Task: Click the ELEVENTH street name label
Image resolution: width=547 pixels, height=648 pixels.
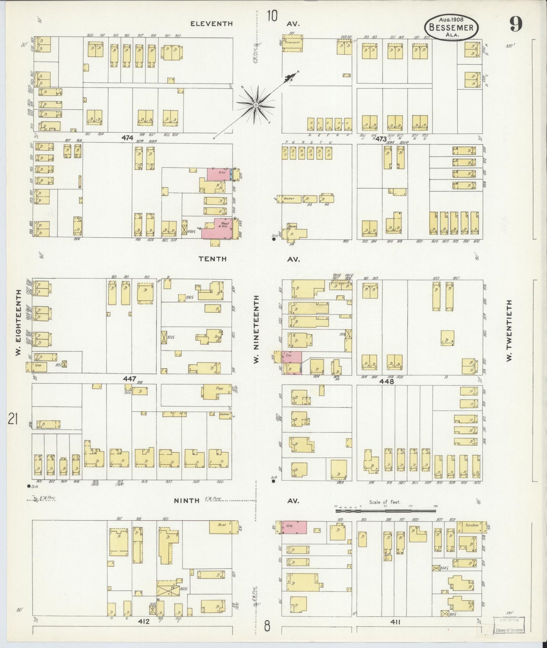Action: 211,23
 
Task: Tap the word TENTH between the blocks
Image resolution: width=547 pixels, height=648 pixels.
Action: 212,259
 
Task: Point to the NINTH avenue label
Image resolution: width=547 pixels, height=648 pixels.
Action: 186,501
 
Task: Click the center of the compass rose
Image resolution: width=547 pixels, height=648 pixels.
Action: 256,104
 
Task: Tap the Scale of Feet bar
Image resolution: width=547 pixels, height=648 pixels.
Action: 386,511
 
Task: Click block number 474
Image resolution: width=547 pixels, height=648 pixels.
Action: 128,138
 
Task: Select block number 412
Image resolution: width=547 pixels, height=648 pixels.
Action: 144,621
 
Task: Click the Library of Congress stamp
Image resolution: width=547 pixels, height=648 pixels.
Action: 509,625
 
